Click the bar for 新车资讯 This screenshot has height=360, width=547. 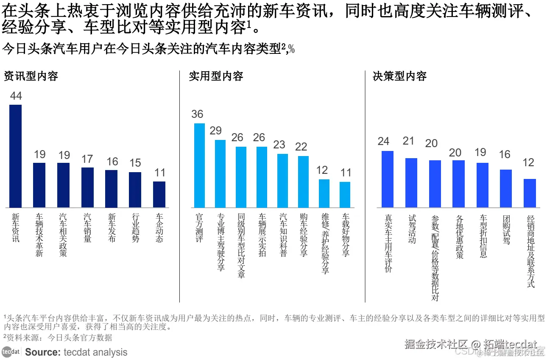16,156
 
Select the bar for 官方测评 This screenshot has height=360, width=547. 199,165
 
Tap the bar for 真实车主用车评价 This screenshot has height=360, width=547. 388,179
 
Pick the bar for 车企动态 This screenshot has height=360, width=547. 159,194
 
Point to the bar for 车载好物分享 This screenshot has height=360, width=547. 345,195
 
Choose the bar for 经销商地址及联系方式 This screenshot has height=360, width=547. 530,193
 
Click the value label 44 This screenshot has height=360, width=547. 16,96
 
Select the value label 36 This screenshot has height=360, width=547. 198,114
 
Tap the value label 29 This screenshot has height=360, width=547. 216,131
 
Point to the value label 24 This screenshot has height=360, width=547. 383,141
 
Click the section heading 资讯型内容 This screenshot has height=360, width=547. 31,76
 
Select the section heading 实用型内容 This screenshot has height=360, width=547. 216,76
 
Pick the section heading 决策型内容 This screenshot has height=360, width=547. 399,76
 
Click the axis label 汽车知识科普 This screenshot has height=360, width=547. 283,234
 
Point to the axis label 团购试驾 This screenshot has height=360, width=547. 506,229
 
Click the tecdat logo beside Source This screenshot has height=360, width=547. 11,352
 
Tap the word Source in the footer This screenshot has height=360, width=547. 42,352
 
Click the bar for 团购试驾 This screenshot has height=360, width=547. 506,188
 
